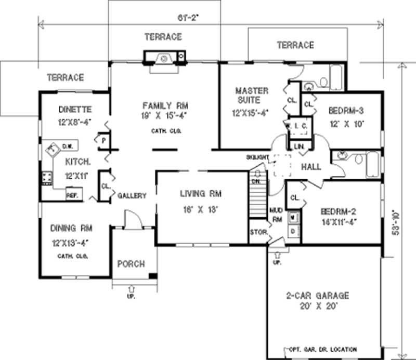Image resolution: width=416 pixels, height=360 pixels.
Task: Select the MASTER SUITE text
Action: tap(251, 95)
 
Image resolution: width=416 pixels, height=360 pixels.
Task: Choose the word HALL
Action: tap(311, 167)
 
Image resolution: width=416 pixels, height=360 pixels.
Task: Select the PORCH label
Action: tap(131, 264)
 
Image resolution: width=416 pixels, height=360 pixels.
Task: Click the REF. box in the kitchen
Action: tap(71, 195)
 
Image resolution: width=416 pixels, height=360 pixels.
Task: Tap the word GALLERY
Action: tap(132, 195)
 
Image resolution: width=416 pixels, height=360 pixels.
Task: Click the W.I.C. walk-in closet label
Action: tap(297, 125)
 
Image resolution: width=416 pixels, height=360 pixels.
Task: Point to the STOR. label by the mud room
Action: tap(258, 232)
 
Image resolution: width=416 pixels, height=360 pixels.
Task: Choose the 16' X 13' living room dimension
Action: tap(201, 210)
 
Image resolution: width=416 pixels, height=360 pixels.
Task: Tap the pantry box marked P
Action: tap(103, 139)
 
